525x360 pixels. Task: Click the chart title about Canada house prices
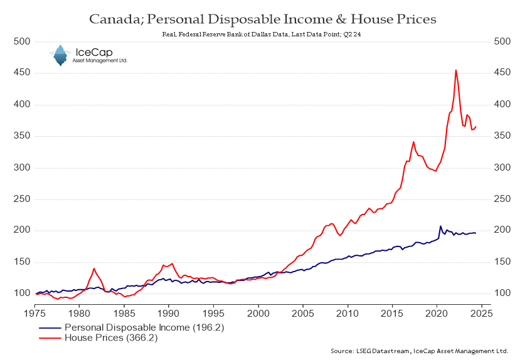pos(262,19)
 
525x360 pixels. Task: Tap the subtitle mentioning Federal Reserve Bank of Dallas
pos(262,35)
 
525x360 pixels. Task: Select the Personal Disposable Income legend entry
pos(131,327)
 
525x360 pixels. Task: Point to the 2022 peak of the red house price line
pos(456,70)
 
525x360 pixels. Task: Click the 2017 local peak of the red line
pos(413,142)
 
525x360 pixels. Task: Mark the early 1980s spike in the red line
pos(94,268)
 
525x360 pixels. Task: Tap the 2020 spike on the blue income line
pos(440,226)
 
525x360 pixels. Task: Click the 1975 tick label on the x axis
pos(34,312)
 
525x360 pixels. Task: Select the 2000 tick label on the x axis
pos(258,312)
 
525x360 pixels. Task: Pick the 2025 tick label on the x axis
pos(482,312)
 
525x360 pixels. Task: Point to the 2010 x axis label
pos(347,312)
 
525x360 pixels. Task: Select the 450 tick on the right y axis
pos(502,73)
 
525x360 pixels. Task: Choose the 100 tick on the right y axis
pos(502,293)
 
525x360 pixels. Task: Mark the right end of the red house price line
pos(476,127)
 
